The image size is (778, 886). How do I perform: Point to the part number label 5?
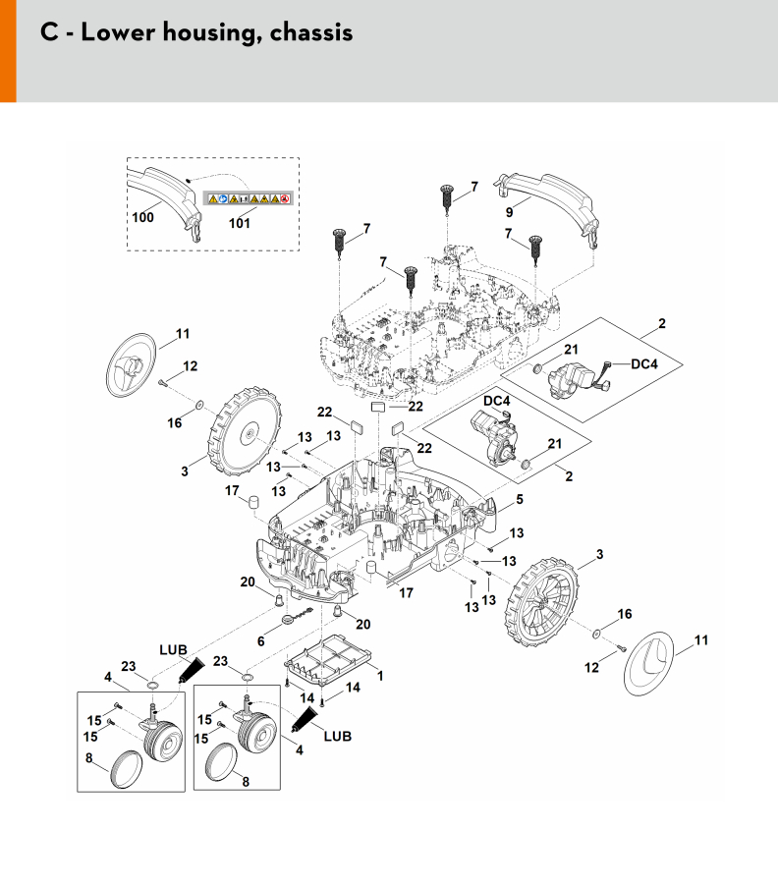pos(520,499)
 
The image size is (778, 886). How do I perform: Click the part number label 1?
pos(380,677)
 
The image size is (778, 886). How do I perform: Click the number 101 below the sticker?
pos(239,223)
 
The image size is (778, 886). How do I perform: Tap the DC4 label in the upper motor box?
pos(643,364)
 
